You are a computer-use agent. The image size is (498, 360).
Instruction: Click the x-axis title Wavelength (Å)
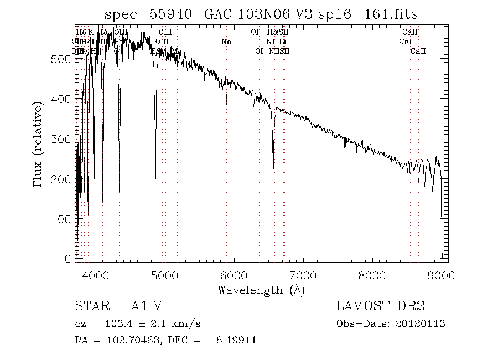[261, 289]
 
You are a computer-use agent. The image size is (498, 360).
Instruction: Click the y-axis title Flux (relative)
[38, 143]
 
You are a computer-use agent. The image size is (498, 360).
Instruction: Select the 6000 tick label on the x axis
[234, 275]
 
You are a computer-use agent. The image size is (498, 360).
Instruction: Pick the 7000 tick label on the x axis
[303, 275]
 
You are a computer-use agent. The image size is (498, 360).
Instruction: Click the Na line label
[226, 42]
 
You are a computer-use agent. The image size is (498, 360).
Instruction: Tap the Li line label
[283, 42]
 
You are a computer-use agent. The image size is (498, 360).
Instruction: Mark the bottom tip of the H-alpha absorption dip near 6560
[273, 172]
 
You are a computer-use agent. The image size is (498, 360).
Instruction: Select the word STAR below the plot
[89, 306]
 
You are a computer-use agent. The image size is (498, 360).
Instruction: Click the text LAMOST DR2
[380, 306]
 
